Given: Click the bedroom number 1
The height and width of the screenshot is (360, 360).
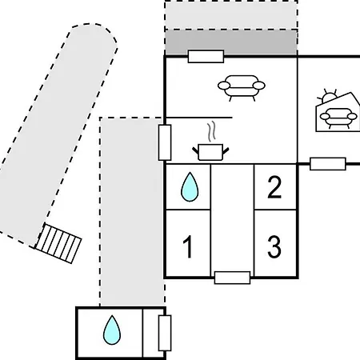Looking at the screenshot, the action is point(188,246).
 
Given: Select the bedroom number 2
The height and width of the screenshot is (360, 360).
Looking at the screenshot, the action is point(274,187).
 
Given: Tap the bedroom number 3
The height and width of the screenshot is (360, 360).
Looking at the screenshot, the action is point(274,246).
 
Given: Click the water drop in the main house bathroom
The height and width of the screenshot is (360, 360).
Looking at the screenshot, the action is point(190,186).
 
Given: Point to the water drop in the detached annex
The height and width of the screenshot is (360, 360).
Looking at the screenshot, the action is point(112,330).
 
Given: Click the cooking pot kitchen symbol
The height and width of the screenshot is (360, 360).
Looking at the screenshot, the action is point(210,152).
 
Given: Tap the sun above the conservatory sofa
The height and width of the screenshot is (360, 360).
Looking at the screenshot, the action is point(328,97).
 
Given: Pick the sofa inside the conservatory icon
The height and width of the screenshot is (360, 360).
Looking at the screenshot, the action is point(338,118).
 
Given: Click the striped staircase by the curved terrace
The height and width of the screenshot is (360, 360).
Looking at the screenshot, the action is point(58,243).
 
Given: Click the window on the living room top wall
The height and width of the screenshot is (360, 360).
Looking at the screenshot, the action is point(206,57).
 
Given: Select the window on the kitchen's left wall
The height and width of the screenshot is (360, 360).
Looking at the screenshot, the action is point(165,142).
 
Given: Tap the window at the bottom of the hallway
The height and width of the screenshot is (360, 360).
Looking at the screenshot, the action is point(232,278).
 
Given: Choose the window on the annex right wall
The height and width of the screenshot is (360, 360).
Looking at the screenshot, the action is point(165,333).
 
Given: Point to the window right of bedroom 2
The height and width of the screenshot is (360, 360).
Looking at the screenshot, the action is point(328,164).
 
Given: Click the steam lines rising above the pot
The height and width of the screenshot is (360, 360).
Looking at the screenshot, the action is point(211,132).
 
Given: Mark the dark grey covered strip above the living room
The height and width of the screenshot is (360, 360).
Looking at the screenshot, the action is point(231,42).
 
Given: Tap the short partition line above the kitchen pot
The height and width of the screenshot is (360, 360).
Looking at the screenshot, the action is point(198,118).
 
